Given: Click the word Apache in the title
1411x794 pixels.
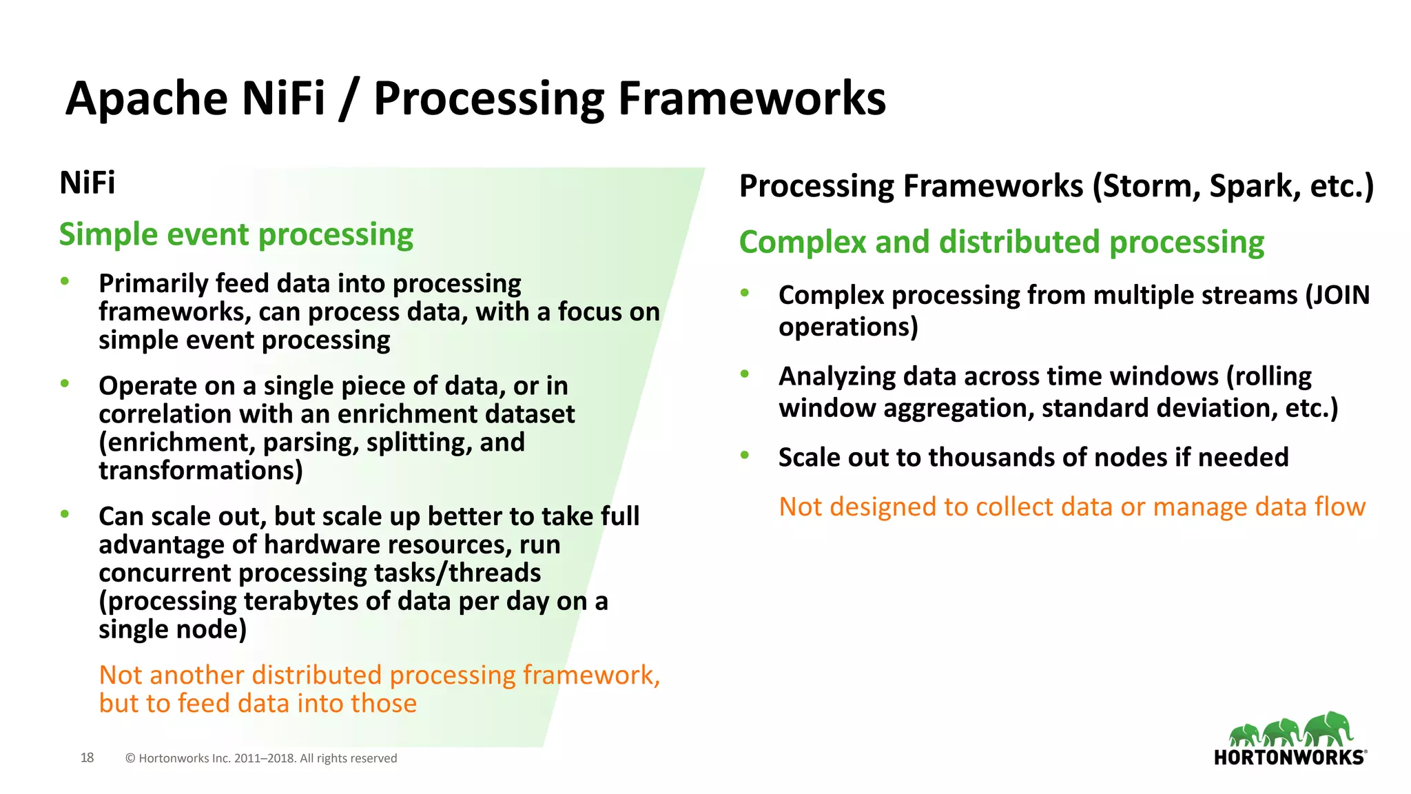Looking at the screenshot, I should click(x=146, y=99).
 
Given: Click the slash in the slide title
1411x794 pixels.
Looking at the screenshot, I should click(x=349, y=99).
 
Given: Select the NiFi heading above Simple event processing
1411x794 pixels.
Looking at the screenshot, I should click(x=87, y=183).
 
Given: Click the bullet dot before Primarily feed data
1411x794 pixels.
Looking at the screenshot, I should click(x=65, y=281).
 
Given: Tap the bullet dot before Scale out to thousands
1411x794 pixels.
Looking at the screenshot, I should click(x=744, y=455).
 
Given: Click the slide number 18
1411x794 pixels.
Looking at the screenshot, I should click(x=87, y=757).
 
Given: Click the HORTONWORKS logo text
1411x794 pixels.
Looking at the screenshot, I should click(x=1289, y=757).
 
